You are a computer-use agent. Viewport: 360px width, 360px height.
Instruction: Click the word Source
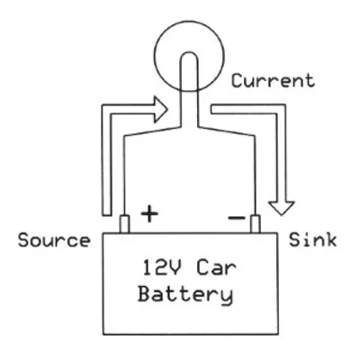(x=53, y=241)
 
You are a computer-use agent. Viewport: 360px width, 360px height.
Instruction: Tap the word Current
(x=274, y=81)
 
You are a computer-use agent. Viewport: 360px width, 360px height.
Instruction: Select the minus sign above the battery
(x=236, y=217)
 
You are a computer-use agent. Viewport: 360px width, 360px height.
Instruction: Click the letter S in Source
(x=23, y=241)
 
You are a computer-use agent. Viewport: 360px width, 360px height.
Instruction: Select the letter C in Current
(x=237, y=81)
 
